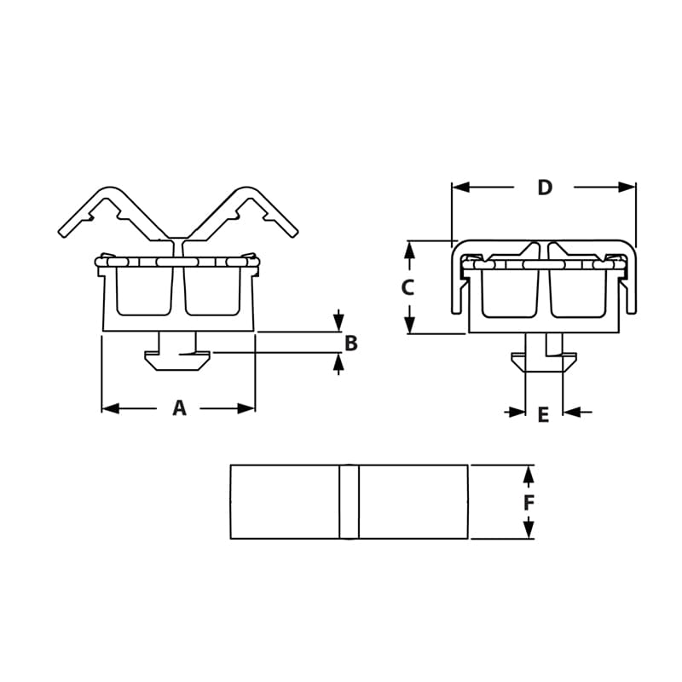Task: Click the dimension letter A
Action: (x=179, y=408)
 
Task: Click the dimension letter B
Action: (x=350, y=344)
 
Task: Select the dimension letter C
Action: (x=407, y=288)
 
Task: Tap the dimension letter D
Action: (x=545, y=188)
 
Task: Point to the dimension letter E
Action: (x=543, y=415)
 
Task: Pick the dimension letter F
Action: (x=529, y=503)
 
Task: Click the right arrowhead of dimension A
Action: (x=246, y=408)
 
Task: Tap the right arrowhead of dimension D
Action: (x=627, y=187)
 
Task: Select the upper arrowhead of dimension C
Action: (x=409, y=250)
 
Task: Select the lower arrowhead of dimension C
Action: (x=409, y=325)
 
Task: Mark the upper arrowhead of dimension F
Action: (x=529, y=474)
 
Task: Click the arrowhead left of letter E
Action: (x=517, y=413)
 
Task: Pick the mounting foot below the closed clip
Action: (x=543, y=362)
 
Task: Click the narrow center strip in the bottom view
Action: (x=350, y=501)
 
